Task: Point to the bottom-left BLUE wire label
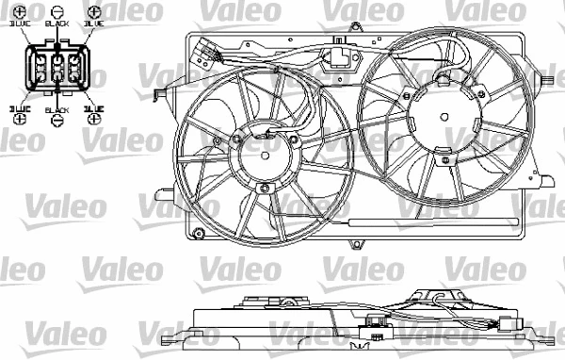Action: [20, 109]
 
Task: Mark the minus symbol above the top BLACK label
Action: [57, 13]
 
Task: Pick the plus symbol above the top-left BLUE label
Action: [20, 13]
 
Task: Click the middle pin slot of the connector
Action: [57, 70]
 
